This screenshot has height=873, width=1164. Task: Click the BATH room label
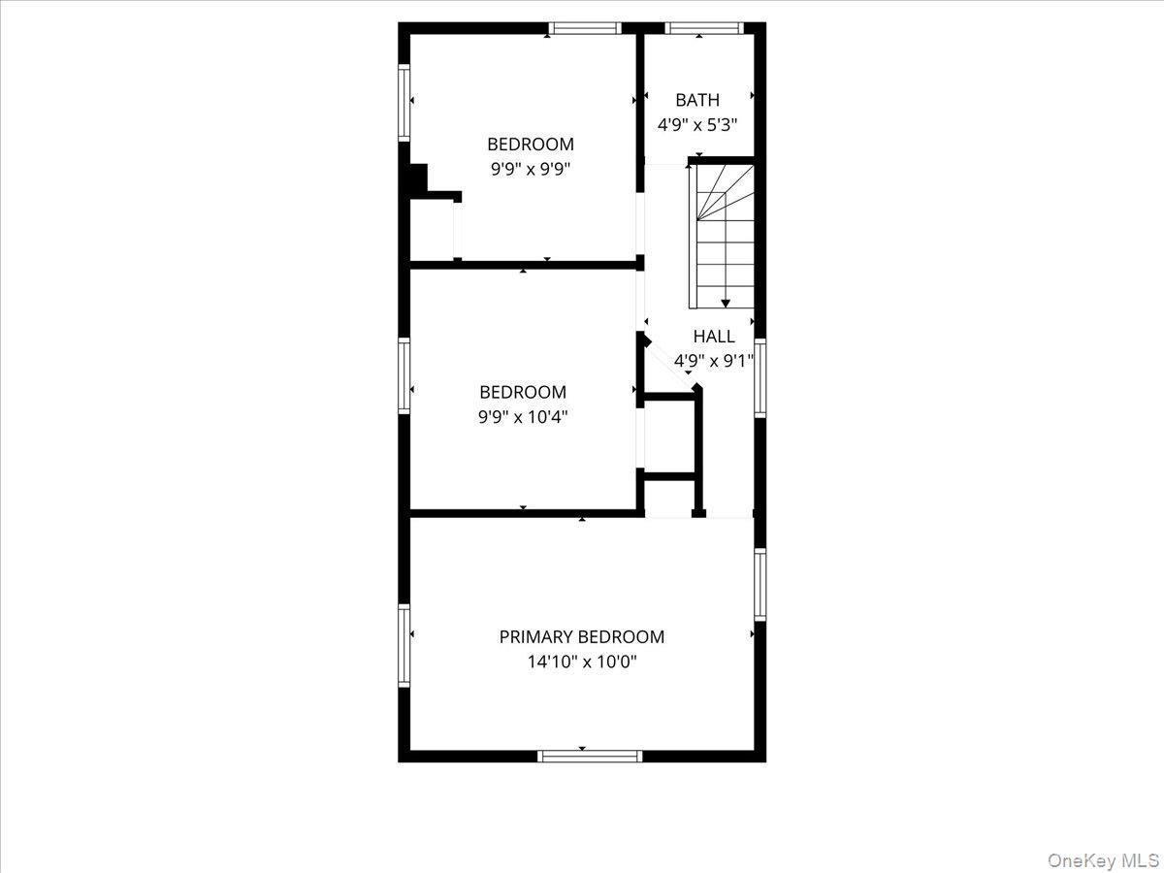tap(697, 100)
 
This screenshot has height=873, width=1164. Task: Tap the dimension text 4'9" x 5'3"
tap(697, 125)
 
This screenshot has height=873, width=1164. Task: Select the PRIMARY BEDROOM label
tap(582, 637)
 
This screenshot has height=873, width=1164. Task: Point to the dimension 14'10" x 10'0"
tap(582, 663)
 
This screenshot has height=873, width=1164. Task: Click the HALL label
tap(714, 337)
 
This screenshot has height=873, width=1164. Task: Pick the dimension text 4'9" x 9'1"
tap(714, 362)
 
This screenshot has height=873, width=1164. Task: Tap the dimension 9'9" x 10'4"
tap(523, 418)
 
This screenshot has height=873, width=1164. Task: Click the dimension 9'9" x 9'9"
tap(531, 169)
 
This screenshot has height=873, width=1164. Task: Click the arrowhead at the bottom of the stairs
tap(726, 304)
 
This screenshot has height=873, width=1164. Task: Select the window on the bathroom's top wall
tap(703, 28)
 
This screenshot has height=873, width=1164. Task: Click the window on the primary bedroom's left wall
tap(404, 645)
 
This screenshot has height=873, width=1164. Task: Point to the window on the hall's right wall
tap(760, 377)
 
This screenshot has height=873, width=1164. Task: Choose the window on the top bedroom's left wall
tap(404, 103)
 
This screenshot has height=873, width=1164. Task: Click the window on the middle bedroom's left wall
tap(404, 375)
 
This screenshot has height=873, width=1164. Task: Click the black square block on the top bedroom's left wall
tap(418, 179)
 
